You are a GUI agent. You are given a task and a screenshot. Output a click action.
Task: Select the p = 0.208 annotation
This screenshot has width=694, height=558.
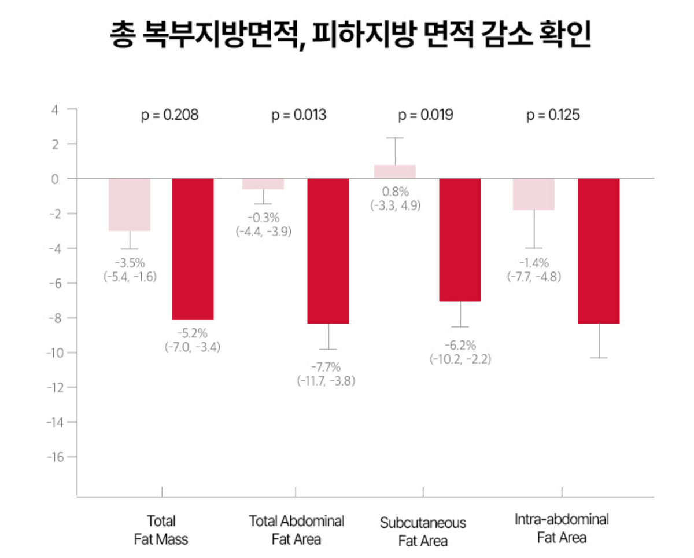(x=170, y=115)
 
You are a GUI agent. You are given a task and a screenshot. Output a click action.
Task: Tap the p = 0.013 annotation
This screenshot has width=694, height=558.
(x=299, y=115)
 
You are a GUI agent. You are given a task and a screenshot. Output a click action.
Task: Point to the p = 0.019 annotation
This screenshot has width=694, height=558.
(x=426, y=115)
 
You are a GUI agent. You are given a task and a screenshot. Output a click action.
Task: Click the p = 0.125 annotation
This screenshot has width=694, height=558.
(x=553, y=115)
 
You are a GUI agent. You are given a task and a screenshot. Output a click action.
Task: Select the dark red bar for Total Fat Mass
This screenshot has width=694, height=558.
(x=193, y=249)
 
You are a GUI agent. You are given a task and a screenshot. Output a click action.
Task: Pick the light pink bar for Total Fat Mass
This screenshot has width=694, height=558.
(x=130, y=204)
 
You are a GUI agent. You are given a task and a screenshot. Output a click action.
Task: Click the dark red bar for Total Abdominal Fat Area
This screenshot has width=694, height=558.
(x=328, y=251)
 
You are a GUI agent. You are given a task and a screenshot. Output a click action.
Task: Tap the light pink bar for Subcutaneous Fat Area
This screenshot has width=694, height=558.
(x=395, y=171)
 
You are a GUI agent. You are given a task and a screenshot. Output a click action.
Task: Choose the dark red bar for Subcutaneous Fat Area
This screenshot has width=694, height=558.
(x=460, y=240)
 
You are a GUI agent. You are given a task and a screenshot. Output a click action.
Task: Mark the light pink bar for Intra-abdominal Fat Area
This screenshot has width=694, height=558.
(x=534, y=194)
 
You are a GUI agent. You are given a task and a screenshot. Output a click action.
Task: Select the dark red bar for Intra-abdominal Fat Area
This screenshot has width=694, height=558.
(x=599, y=251)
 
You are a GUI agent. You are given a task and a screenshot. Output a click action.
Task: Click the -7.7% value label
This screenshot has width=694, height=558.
(x=326, y=368)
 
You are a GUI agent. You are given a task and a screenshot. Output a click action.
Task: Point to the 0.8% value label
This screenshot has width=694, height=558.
(x=396, y=192)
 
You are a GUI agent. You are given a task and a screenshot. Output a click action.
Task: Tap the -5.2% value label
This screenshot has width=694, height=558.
(x=192, y=333)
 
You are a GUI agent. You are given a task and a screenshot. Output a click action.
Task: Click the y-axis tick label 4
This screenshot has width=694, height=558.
(x=55, y=109)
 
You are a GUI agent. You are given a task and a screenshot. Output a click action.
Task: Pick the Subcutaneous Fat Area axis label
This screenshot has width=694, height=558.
(x=423, y=532)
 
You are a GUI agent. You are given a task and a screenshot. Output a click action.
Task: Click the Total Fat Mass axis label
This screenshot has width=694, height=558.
(x=161, y=530)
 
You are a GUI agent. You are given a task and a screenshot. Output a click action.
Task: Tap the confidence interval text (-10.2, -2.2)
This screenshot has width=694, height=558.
(x=460, y=359)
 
